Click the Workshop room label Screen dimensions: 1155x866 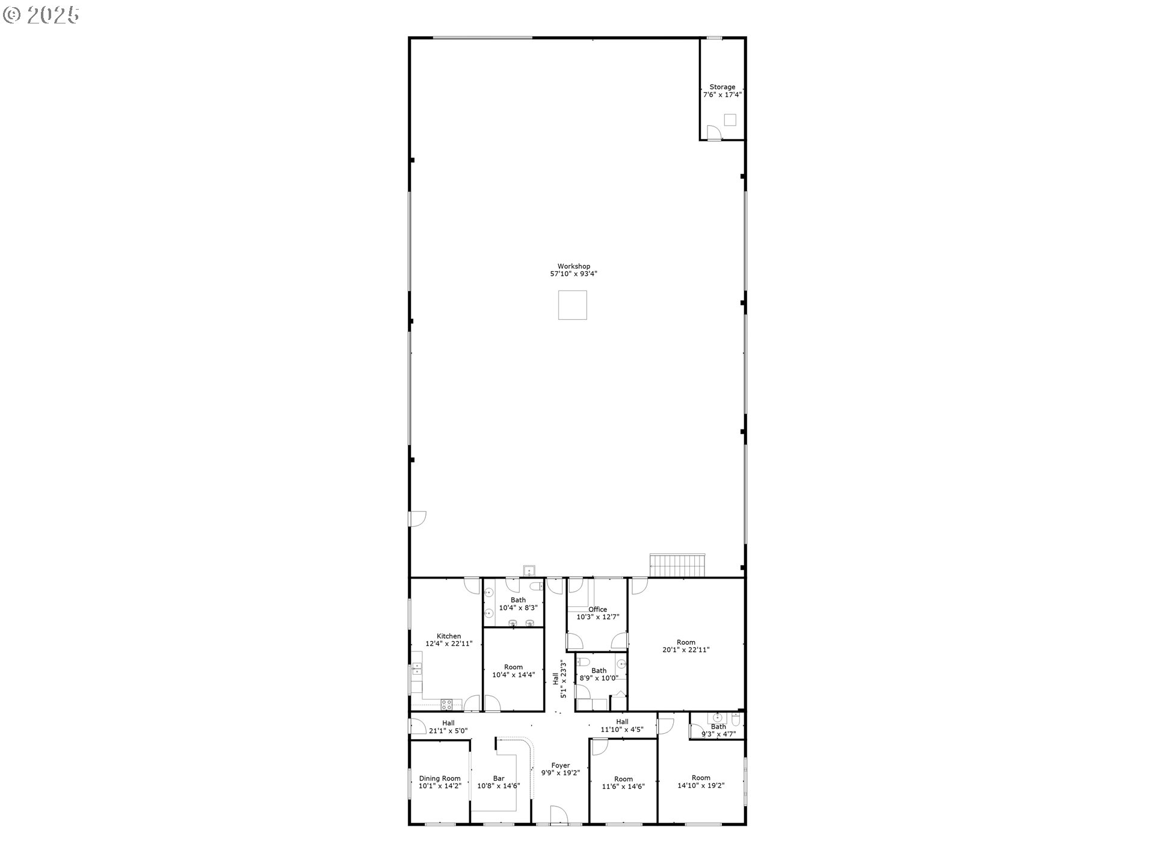click(x=573, y=266)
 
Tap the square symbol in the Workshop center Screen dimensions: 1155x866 click(x=572, y=305)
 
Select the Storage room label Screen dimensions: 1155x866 click(x=722, y=87)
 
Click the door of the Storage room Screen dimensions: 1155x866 click(x=713, y=132)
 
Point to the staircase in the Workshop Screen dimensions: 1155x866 click(x=677, y=565)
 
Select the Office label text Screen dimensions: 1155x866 click(x=597, y=609)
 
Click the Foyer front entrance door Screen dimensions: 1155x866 click(x=559, y=815)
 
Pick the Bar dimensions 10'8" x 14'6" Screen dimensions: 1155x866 click(x=499, y=786)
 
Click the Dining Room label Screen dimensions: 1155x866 click(x=440, y=778)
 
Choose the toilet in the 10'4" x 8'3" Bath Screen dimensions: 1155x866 click(x=535, y=586)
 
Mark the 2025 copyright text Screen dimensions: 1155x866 click(x=42, y=15)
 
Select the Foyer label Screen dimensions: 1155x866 click(x=561, y=766)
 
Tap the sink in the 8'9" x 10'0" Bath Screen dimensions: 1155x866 click(x=621, y=665)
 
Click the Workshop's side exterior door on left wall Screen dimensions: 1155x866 click(x=417, y=519)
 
